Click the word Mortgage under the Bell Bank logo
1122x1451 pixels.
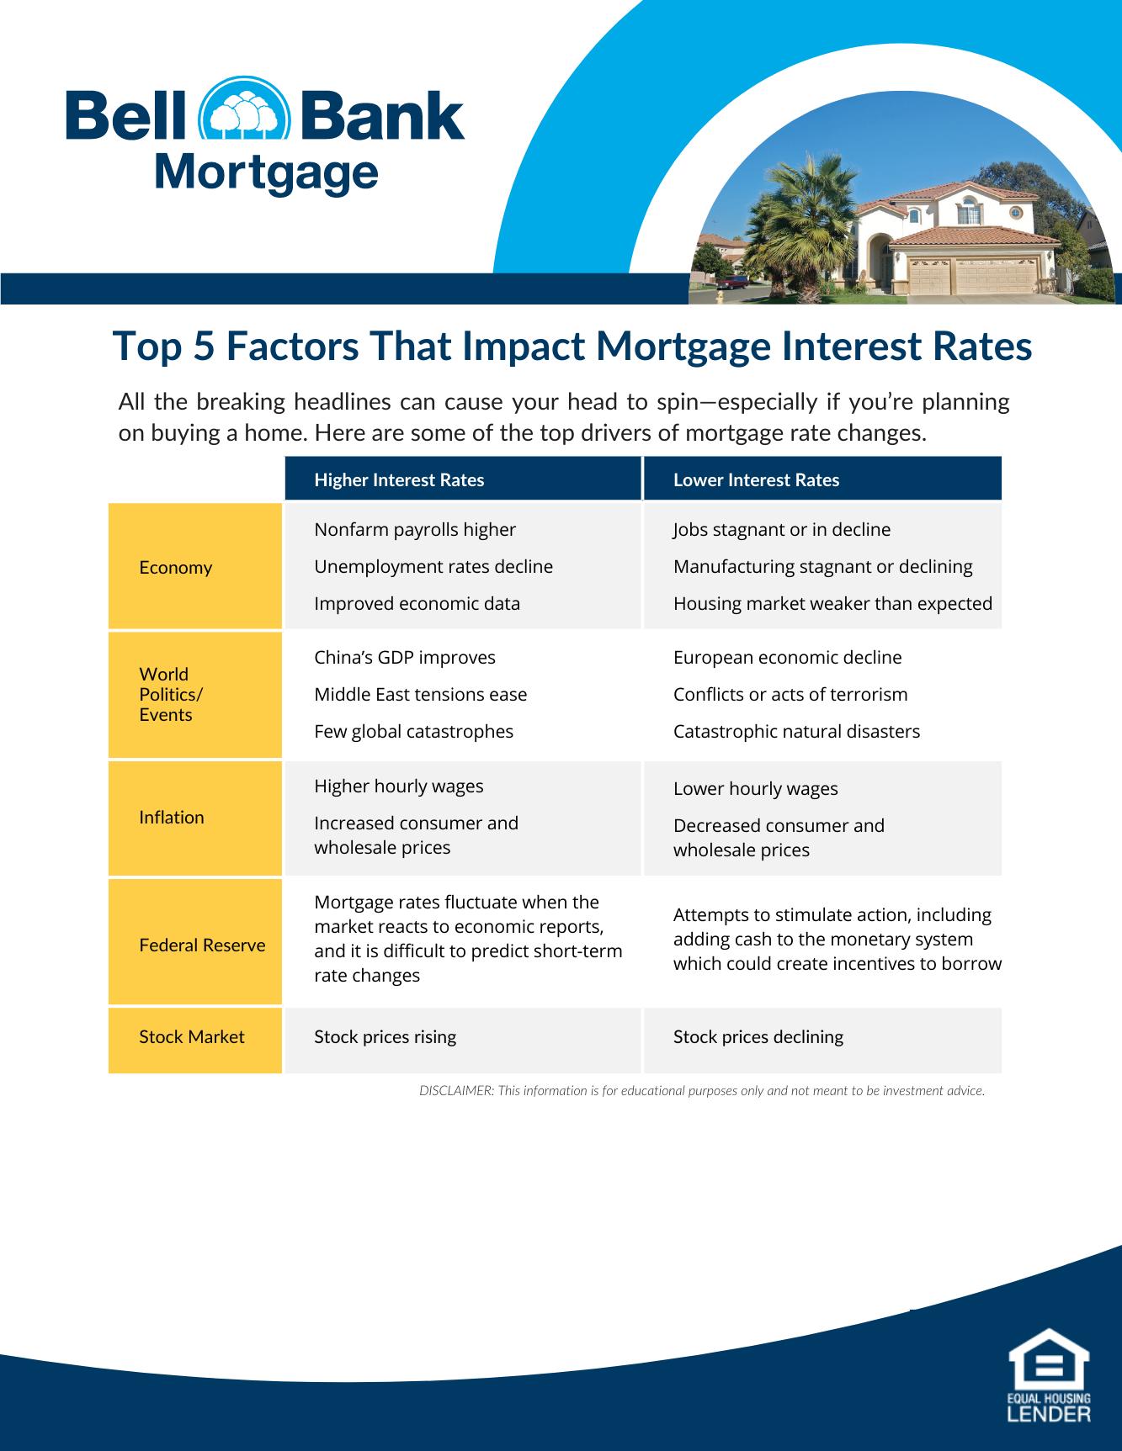pyautogui.click(x=266, y=174)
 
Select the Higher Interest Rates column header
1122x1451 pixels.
pyautogui.click(x=399, y=479)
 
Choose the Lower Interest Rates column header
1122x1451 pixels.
pyautogui.click(x=756, y=479)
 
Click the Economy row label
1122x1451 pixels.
pyautogui.click(x=175, y=567)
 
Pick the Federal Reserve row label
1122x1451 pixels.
pyautogui.click(x=202, y=945)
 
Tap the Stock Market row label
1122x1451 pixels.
pyautogui.click(x=191, y=1036)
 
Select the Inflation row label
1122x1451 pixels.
pyautogui.click(x=171, y=817)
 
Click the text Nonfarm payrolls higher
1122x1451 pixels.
pyautogui.click(x=415, y=530)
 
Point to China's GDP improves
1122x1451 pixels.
pyautogui.click(x=405, y=658)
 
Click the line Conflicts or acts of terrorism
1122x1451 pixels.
pyautogui.click(x=790, y=695)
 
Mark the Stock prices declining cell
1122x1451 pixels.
pyautogui.click(x=758, y=1037)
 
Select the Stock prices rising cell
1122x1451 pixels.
pyautogui.click(x=385, y=1037)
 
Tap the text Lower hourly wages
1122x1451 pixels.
pyautogui.click(x=756, y=789)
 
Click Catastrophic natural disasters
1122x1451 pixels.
pyautogui.click(x=796, y=732)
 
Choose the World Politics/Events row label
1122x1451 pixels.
pyautogui.click(x=171, y=695)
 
